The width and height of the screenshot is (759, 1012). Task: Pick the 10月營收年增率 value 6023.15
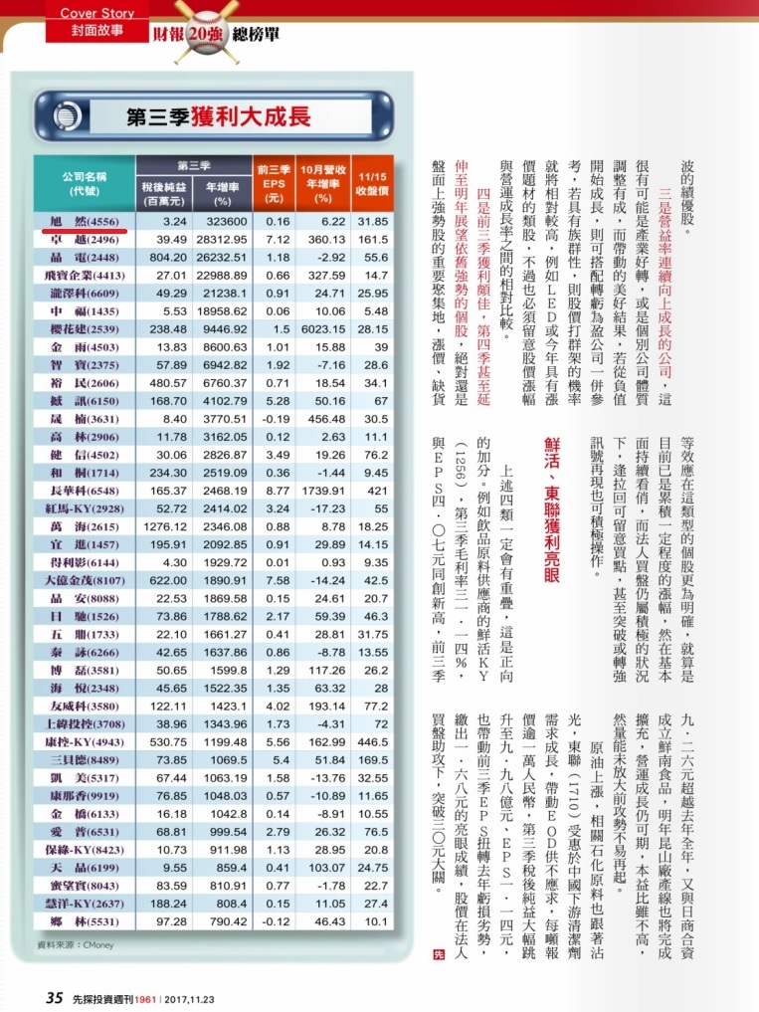(321, 356)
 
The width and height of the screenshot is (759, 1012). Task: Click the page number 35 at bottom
(55, 997)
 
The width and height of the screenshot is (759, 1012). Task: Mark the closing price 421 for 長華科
(375, 492)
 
